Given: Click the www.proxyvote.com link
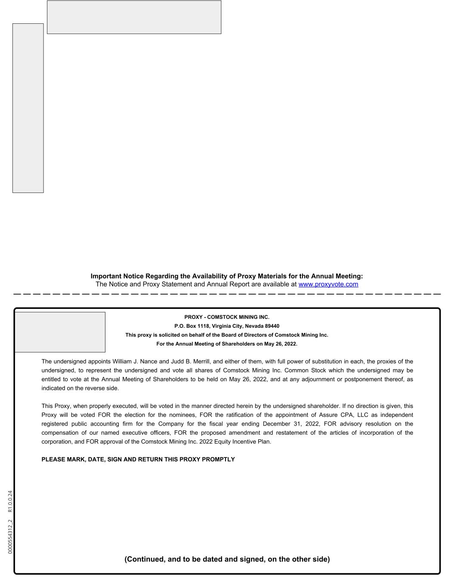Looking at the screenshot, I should pyautogui.click(x=328, y=284).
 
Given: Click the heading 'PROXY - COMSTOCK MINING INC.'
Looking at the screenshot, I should pyautogui.click(x=227, y=317).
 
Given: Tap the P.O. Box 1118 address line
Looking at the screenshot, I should pyautogui.click(x=227, y=326).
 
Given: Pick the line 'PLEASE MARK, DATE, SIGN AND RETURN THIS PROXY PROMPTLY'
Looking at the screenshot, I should pyautogui.click(x=138, y=460).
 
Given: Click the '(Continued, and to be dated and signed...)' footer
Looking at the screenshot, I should pyautogui.click(x=227, y=559).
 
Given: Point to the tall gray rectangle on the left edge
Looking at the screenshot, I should pyautogui.click(x=28, y=108).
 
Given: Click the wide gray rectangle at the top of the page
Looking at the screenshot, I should pyautogui.click(x=134, y=17).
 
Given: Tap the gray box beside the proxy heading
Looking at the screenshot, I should pyautogui.click(x=60, y=332).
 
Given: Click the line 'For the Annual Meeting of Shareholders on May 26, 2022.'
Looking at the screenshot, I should pyautogui.click(x=227, y=344).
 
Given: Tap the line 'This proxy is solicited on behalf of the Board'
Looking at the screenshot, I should pyautogui.click(x=227, y=335).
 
